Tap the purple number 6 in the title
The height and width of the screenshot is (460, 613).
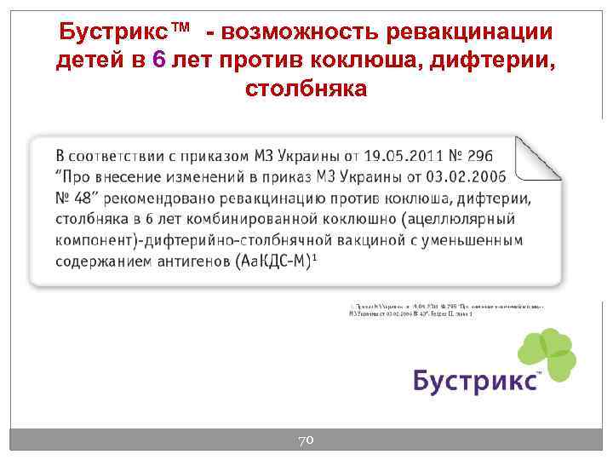pos(157,60)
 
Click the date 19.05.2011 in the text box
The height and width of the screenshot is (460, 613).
pos(404,157)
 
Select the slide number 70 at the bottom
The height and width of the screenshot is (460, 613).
pos(306,440)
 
